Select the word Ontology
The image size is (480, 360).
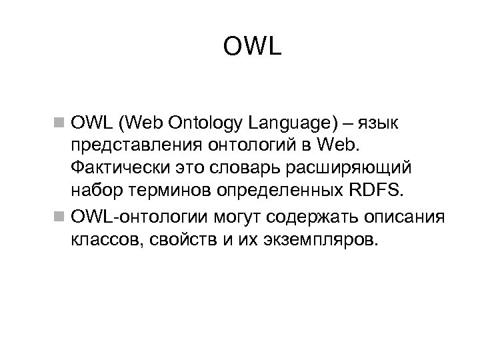pyautogui.click(x=210, y=123)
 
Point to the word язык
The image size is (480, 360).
pyautogui.click(x=381, y=123)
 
